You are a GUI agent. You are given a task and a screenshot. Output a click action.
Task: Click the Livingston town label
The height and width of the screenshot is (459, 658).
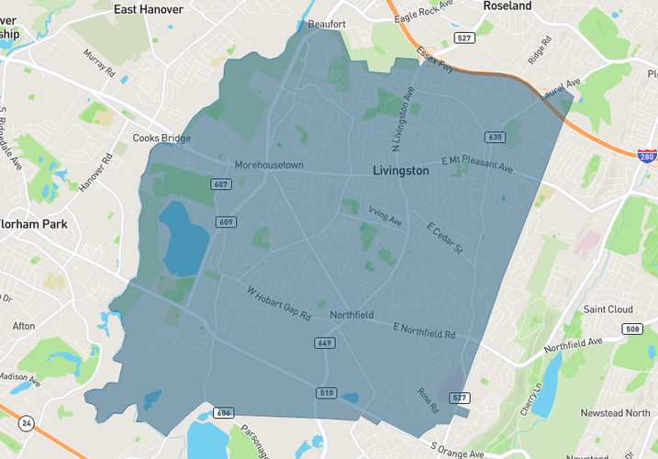point(401,171)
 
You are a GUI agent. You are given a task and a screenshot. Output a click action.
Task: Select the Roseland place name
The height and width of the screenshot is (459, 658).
point(507,6)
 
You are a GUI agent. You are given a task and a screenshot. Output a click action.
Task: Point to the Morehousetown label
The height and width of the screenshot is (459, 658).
point(269,165)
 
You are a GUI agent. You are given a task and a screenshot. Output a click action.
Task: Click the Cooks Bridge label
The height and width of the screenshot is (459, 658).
point(162,139)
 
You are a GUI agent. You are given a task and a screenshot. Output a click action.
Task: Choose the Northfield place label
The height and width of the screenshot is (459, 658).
point(351,315)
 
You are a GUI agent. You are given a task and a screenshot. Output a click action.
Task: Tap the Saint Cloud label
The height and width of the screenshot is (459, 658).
point(608,309)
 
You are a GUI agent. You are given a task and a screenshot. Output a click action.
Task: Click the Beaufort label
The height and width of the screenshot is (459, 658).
point(327,24)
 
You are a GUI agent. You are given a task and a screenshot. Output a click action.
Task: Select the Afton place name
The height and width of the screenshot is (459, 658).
point(24,326)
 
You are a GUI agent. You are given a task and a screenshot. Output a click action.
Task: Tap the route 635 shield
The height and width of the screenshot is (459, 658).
point(496,137)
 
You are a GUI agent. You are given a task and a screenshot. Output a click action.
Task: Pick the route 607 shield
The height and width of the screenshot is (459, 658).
point(220,185)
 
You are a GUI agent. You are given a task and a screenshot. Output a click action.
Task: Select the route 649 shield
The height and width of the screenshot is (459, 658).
point(325,343)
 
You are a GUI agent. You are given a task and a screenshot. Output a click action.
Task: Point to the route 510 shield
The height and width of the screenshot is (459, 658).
point(326,393)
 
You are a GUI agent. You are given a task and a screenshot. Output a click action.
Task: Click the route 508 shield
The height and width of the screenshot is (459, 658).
point(631,329)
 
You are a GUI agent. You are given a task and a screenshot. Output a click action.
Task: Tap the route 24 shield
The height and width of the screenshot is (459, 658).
point(26,423)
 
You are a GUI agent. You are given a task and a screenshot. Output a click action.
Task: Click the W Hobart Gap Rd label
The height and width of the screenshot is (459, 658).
point(280,304)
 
